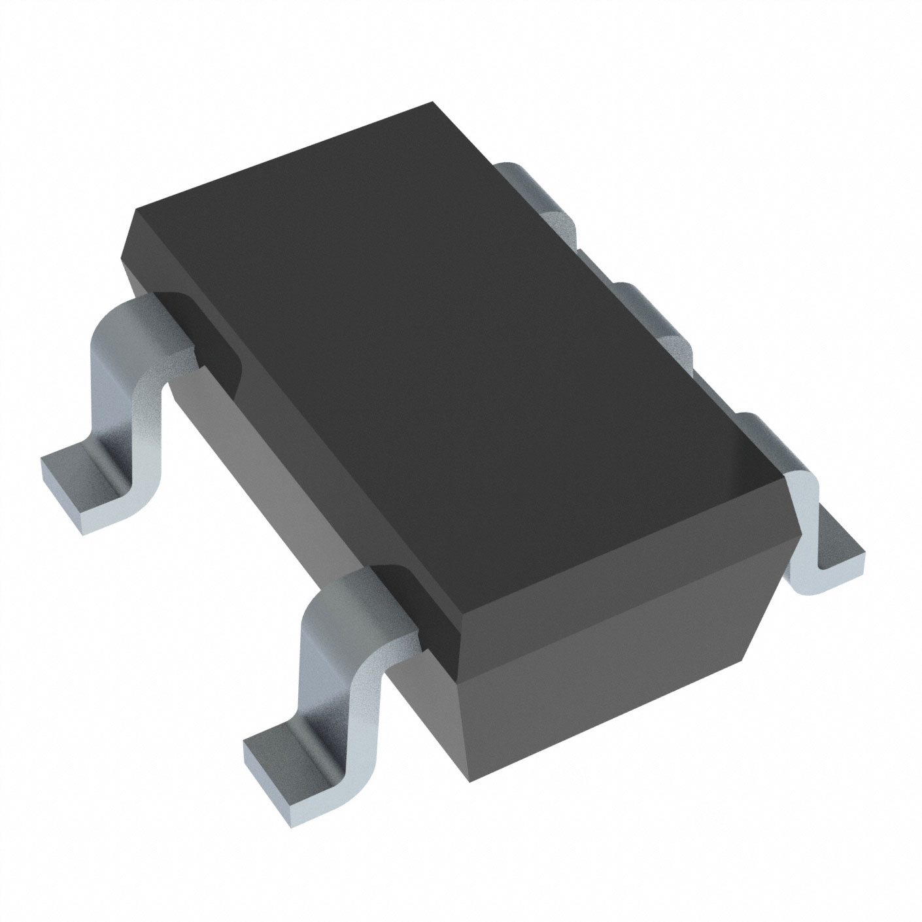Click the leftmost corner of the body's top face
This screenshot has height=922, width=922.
(x=134, y=209)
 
